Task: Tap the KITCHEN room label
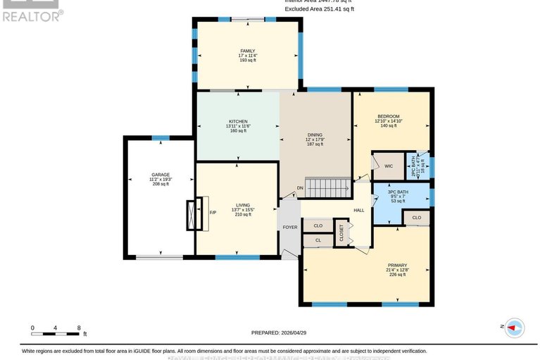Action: (x=237, y=121)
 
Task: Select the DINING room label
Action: (x=315, y=134)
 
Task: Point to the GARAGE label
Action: (x=161, y=175)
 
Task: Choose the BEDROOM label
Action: (x=388, y=116)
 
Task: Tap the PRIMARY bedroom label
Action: (x=397, y=266)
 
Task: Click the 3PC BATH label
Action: (x=398, y=192)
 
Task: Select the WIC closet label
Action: (x=388, y=166)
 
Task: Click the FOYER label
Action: (x=290, y=228)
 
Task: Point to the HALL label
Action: (x=358, y=210)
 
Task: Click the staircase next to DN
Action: (x=327, y=188)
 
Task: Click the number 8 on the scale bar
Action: (x=79, y=328)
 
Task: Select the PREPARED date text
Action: (x=280, y=333)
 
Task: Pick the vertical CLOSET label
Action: (x=342, y=232)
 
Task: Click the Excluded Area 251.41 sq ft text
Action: (x=319, y=9)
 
